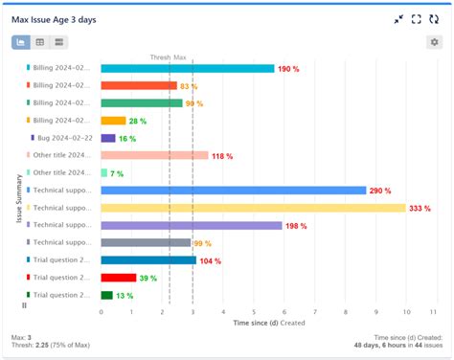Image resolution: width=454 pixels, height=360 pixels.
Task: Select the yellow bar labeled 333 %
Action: coord(253,208)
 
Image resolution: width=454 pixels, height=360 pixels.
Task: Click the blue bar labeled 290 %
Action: coord(234,191)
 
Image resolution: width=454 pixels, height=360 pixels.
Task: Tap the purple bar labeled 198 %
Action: coord(192,225)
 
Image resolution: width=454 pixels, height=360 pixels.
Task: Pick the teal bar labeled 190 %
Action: coord(188,68)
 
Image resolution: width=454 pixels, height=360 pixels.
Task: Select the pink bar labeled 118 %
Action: coord(154,155)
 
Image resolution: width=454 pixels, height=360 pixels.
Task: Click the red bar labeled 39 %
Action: coord(119,278)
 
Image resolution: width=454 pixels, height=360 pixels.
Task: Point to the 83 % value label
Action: coord(189,86)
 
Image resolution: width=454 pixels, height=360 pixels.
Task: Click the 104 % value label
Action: coord(211,260)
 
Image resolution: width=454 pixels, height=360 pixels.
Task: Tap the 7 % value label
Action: coord(117,173)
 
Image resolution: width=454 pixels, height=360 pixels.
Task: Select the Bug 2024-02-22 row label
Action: coord(65,138)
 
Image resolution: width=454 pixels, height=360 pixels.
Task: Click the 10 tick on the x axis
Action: coord(406,311)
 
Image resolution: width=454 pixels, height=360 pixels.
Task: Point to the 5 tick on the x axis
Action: coord(254,311)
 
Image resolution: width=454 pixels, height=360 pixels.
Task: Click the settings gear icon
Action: coord(435,42)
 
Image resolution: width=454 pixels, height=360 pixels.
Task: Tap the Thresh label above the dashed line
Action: coord(160,57)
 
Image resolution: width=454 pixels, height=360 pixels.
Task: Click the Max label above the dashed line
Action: coord(180,57)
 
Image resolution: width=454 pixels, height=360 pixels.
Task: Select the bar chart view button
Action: coord(21,42)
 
